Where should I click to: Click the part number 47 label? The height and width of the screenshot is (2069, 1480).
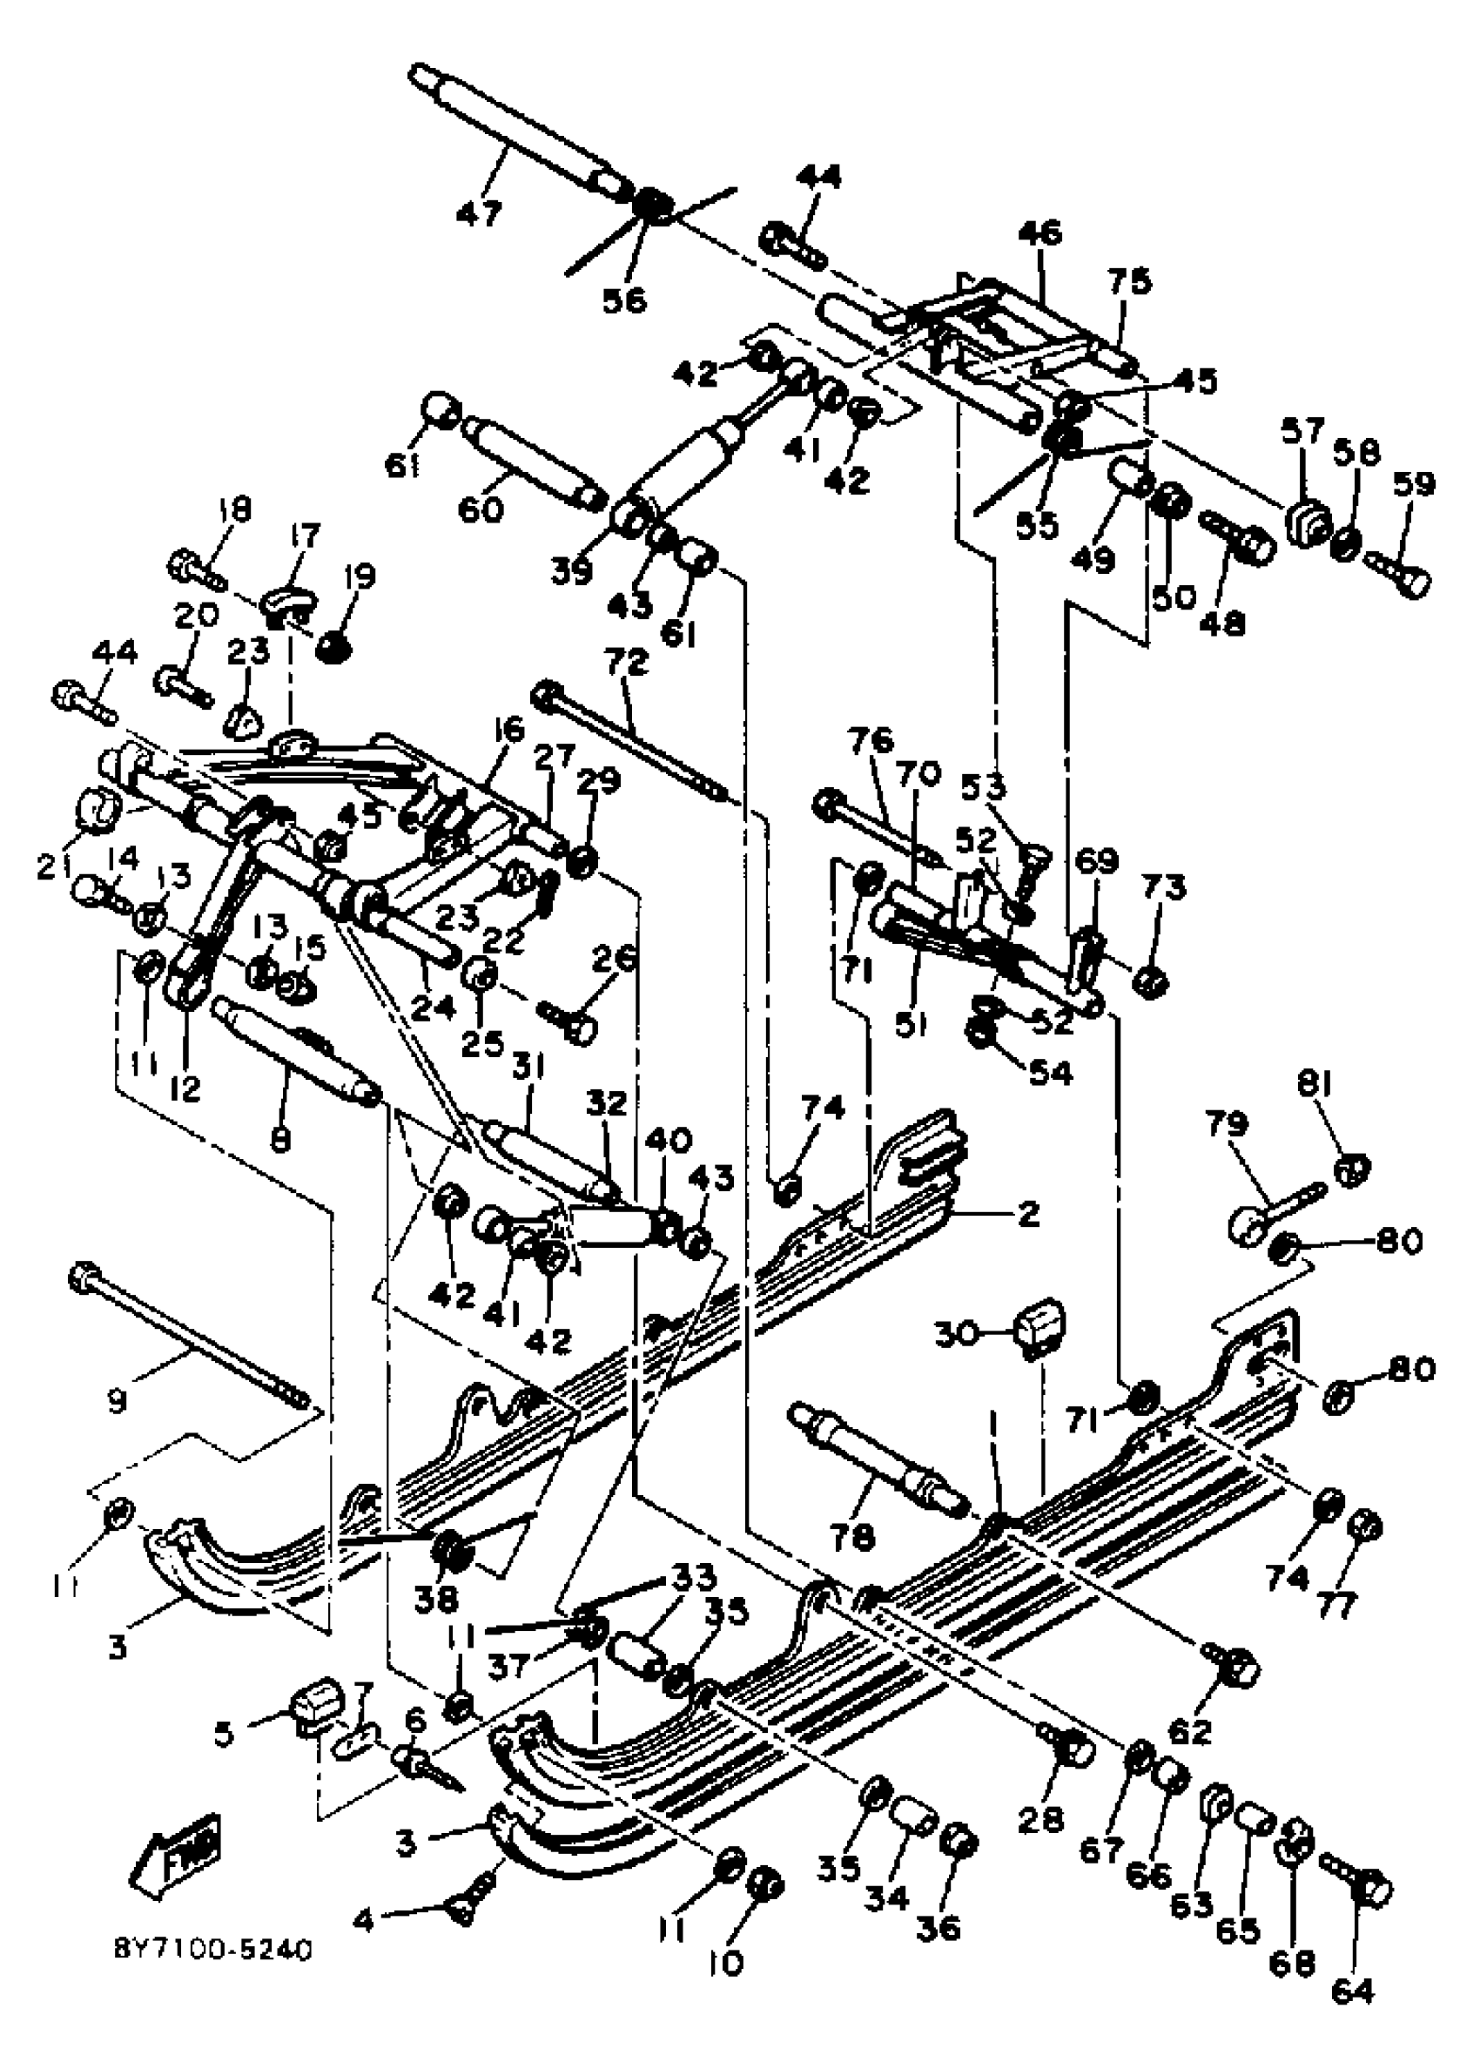(x=479, y=213)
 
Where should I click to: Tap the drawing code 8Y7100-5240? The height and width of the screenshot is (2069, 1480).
(x=213, y=1951)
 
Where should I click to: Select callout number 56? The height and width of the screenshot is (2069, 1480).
(x=624, y=299)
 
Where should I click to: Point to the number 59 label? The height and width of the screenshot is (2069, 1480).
(x=1413, y=484)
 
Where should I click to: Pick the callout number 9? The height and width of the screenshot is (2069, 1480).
(x=116, y=1426)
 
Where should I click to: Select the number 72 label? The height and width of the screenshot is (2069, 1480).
(x=625, y=663)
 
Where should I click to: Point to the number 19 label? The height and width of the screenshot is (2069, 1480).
(x=361, y=578)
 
